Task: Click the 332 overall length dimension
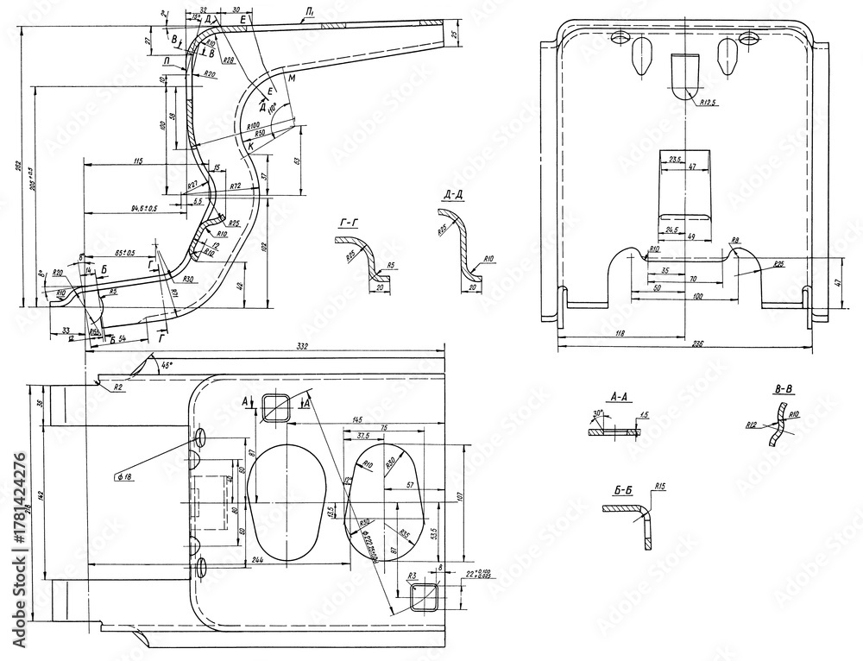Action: coord(302,346)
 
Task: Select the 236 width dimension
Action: coord(697,343)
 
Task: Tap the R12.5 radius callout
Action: coord(708,102)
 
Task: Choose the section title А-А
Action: coord(618,397)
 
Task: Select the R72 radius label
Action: coord(235,186)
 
